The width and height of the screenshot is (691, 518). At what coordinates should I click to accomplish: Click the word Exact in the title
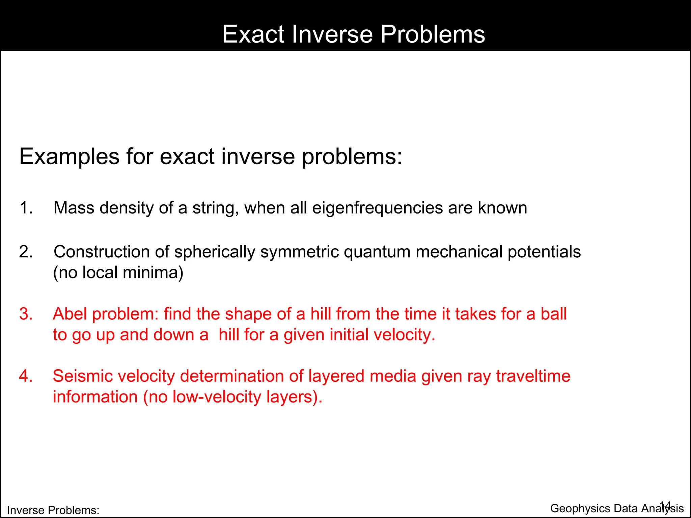pos(253,34)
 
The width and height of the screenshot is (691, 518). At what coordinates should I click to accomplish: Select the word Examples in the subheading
pos(70,157)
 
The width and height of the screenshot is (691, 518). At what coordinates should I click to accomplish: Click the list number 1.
pos(26,208)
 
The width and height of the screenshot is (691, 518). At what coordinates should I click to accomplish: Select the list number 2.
pos(26,252)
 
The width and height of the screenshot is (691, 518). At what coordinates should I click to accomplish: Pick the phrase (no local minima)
pos(118,272)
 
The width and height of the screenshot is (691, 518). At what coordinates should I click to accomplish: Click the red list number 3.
pos(26,314)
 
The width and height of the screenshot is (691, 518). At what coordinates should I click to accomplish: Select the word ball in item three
pos(553,314)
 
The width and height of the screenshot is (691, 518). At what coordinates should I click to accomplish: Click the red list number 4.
pos(26,376)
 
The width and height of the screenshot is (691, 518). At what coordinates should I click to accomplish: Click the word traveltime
pos(533,376)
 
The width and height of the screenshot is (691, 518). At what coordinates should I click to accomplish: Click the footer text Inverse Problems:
pos(53,510)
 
